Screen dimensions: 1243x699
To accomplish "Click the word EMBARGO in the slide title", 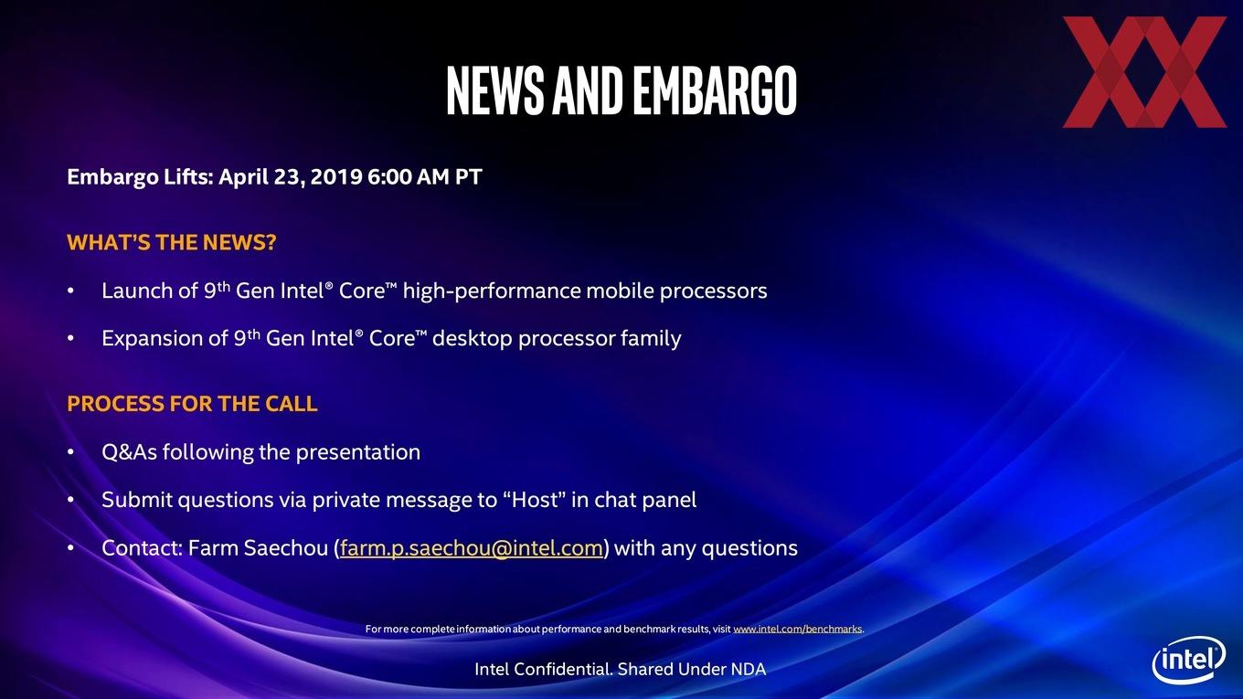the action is (x=715, y=90).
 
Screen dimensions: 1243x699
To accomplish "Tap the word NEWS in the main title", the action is (x=495, y=90).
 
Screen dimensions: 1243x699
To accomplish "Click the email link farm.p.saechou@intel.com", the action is (x=471, y=548).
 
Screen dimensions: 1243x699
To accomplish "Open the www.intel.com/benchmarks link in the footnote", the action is (x=797, y=629).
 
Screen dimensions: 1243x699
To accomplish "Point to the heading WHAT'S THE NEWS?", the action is (x=172, y=242).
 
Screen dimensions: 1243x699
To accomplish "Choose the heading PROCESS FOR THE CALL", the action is (x=192, y=403).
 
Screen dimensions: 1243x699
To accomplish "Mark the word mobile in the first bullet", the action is (x=620, y=291).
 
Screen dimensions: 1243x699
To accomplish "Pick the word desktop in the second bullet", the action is (x=472, y=339).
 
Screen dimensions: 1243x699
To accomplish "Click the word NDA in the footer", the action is (x=748, y=670).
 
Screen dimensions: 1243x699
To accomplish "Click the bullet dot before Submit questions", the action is (x=70, y=501).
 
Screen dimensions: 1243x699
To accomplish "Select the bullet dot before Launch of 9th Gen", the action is (x=70, y=291).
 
